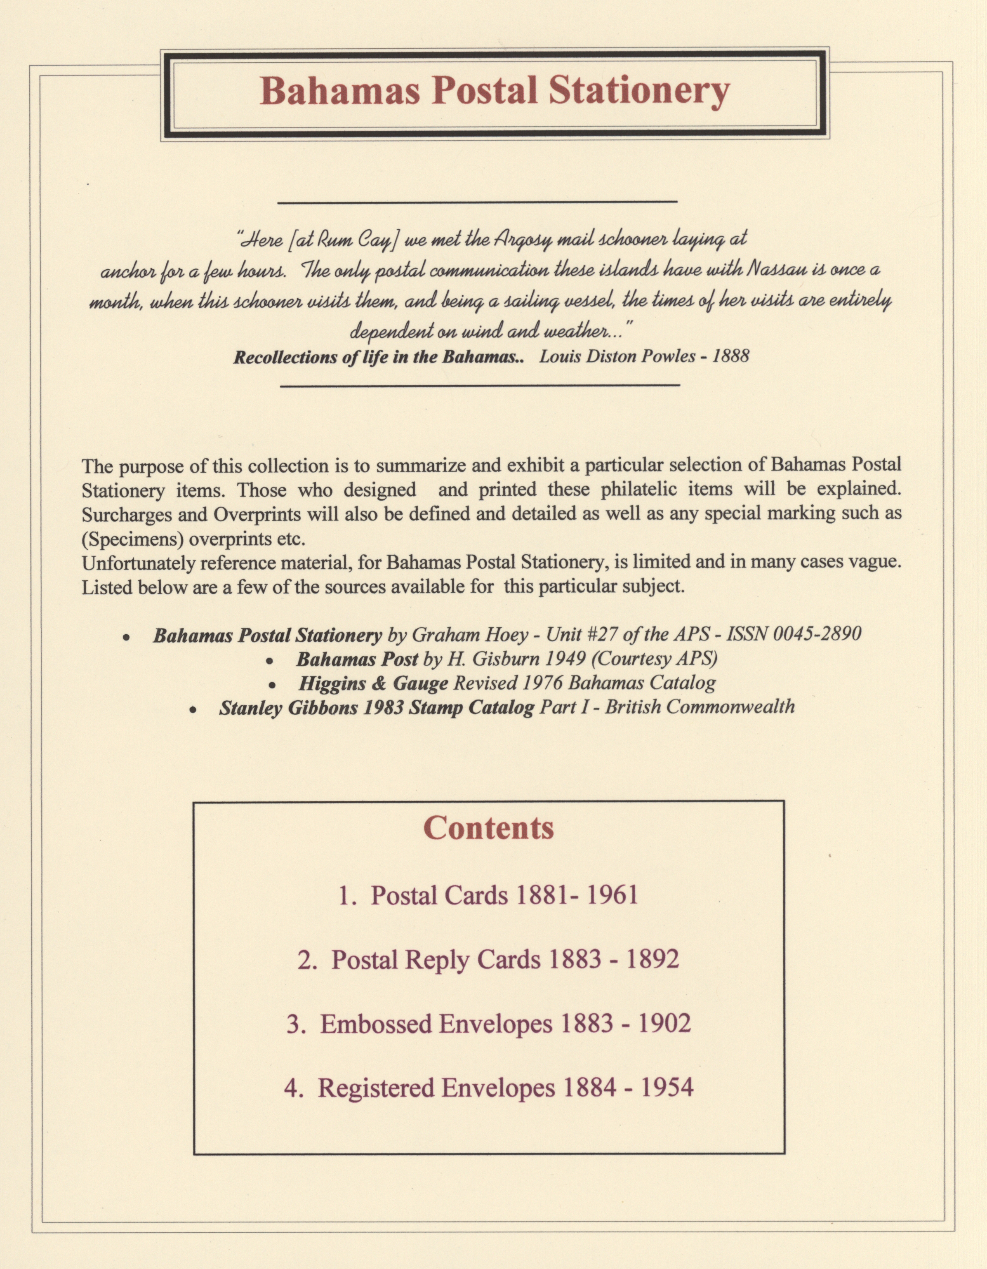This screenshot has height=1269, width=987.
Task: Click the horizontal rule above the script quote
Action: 478,202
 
